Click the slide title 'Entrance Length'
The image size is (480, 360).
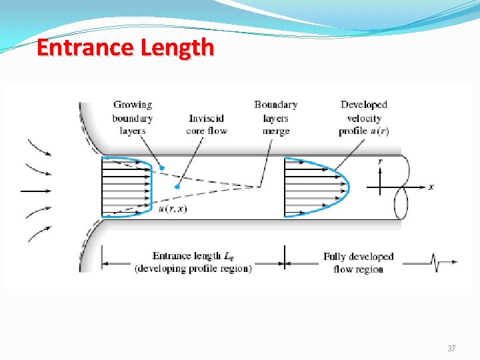[125, 48]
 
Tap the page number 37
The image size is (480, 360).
[451, 349]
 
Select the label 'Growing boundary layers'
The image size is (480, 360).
[133, 117]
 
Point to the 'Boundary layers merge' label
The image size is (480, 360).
[275, 117]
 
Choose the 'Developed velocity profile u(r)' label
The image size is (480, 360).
[364, 117]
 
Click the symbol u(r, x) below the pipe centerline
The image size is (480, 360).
[173, 209]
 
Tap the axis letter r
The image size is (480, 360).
[380, 161]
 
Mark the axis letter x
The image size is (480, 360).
[431, 187]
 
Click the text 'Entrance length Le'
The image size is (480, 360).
[193, 256]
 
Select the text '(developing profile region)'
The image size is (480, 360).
[193, 269]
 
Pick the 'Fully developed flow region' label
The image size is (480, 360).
[359, 263]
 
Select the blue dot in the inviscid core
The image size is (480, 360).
[177, 187]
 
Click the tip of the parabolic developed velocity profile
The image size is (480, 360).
[347, 186]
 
